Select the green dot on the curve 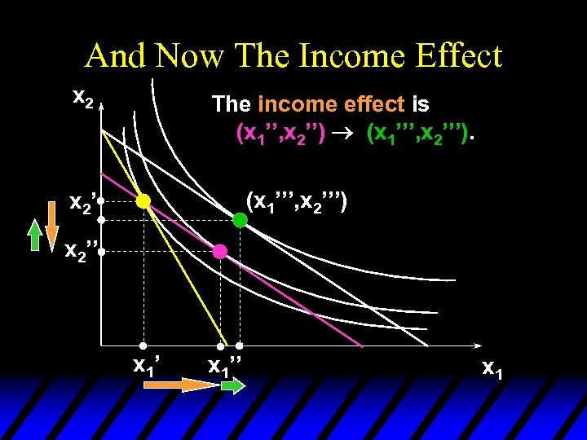[x=240, y=219]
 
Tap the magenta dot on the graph [x=219, y=252]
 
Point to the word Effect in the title [x=460, y=56]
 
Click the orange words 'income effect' [x=331, y=104]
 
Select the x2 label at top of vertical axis [x=83, y=97]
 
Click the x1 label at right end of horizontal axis [x=492, y=367]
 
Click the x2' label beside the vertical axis [x=83, y=201]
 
